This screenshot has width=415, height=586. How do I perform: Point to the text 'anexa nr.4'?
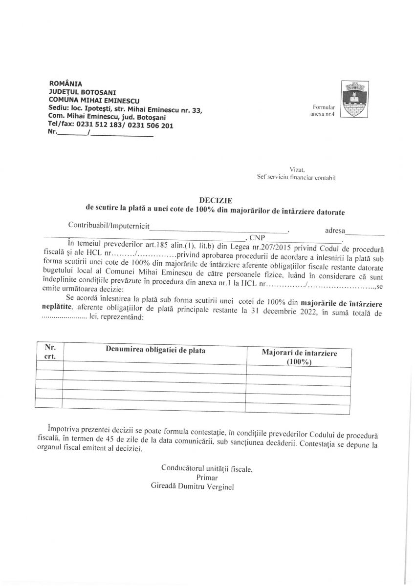pyautogui.click(x=324, y=114)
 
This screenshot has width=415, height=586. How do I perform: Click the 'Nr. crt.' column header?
pyautogui.click(x=50, y=352)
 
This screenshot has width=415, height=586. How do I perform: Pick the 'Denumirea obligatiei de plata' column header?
pyautogui.click(x=155, y=350)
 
